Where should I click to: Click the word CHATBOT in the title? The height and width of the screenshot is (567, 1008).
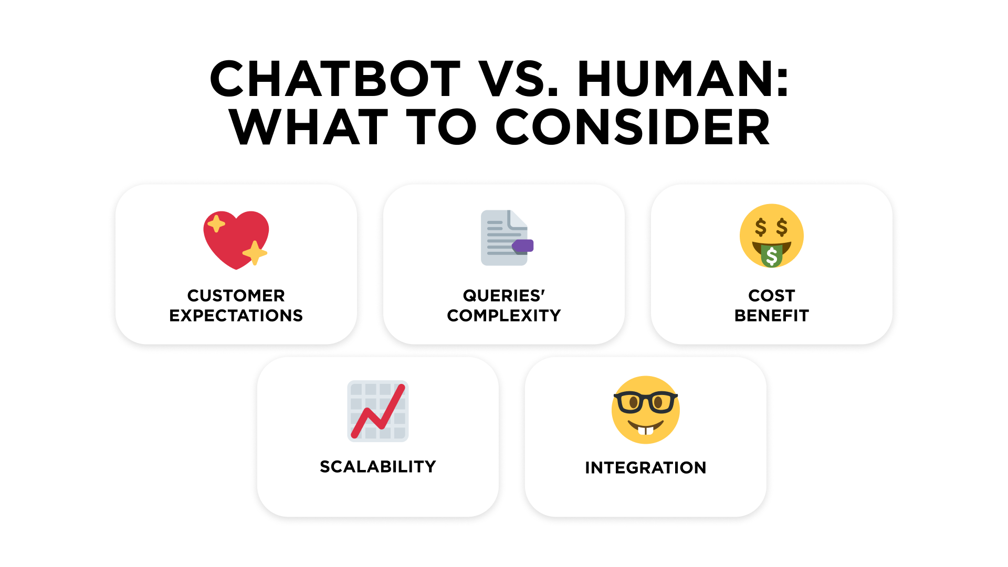335,79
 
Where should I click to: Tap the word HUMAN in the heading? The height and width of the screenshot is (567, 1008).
677,79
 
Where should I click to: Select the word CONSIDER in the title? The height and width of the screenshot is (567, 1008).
633,127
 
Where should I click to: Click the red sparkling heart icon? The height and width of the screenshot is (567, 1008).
236,240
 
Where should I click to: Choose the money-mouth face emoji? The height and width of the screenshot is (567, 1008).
772,236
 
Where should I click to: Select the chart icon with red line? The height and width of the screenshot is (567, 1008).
378,411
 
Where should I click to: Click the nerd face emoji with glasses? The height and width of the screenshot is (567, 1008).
646,410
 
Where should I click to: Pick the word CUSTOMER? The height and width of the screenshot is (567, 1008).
236,296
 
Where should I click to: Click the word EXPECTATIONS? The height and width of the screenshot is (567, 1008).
236,316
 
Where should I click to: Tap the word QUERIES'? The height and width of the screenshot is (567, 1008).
504,296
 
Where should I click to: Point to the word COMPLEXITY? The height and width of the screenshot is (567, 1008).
504,316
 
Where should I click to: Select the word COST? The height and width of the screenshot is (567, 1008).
772,296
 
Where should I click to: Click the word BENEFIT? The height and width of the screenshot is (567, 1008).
772,316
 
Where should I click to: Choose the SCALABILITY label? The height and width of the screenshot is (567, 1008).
378,467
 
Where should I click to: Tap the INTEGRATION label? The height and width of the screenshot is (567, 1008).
646,468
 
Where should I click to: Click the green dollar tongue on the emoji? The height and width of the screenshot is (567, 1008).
772,255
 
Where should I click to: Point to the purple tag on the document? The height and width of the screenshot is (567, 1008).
523,245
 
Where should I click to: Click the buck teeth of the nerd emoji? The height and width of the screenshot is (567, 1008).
646,431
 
